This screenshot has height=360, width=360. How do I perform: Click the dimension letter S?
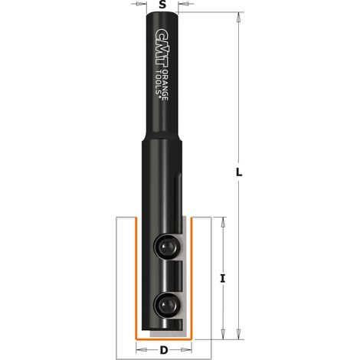click(x=162, y=5)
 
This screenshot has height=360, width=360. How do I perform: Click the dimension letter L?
click(x=238, y=172)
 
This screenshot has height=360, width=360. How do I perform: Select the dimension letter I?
click(x=223, y=278)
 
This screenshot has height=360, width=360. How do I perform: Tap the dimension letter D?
click(x=163, y=350)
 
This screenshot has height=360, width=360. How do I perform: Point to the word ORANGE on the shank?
click(x=165, y=85)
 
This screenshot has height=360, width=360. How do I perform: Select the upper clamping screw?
click(x=166, y=247)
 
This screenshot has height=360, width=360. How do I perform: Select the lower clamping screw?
click(x=166, y=304)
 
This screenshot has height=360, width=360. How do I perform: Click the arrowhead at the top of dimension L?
click(x=238, y=17)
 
